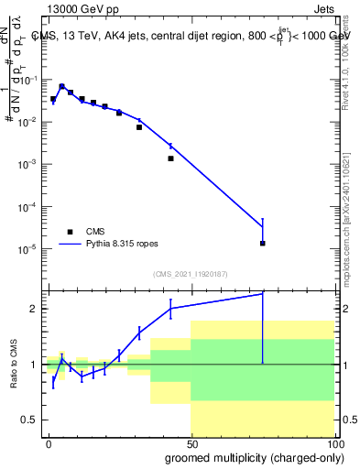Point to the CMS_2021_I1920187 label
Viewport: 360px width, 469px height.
tap(190, 274)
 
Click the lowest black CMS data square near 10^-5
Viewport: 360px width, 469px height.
tap(263, 244)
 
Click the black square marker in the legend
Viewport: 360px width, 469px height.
tap(70, 232)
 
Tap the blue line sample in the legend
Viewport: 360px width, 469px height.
tap(70, 245)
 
